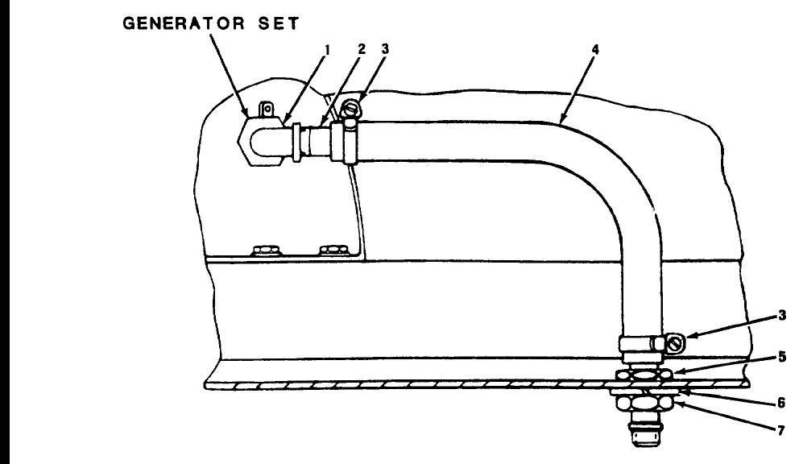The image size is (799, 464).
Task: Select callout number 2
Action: point(362,49)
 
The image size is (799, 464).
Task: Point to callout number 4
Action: point(594,49)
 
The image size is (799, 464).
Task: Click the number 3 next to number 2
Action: point(386,49)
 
